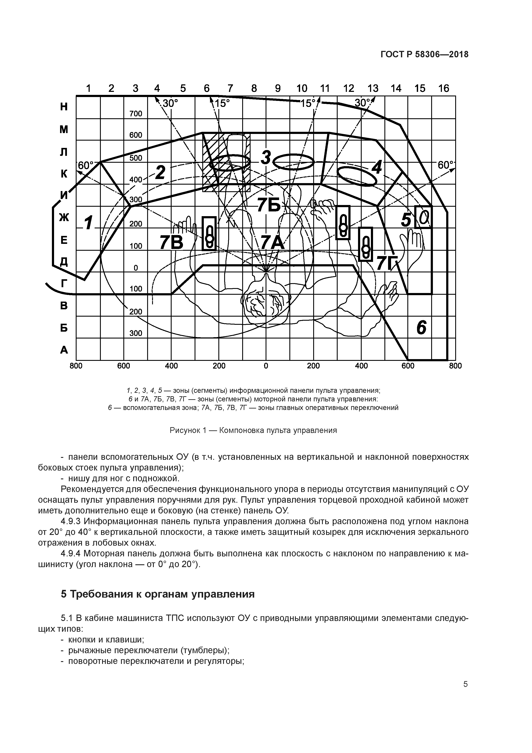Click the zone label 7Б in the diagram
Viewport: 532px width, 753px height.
[x=269, y=205]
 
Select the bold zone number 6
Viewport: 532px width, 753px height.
[x=421, y=327]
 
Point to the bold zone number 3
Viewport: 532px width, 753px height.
[x=266, y=158]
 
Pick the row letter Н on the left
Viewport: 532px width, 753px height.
[x=64, y=107]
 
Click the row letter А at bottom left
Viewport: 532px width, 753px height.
[x=64, y=350]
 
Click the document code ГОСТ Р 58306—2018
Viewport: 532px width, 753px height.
[x=425, y=55]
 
